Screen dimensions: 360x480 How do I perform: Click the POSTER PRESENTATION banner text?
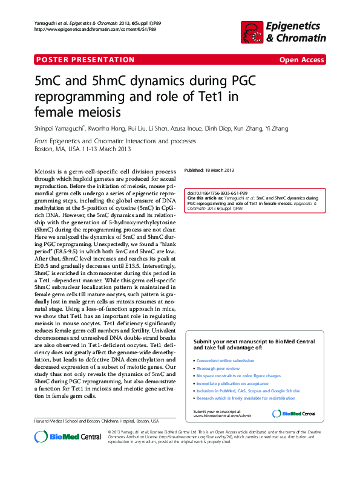[85, 59]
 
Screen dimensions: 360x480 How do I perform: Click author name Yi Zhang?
[277, 128]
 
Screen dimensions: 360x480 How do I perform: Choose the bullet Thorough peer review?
[218, 368]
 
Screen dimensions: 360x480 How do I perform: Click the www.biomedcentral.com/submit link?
[221, 416]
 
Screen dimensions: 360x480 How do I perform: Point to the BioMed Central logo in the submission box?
[294, 414]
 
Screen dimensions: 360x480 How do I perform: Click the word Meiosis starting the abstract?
[46, 172]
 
